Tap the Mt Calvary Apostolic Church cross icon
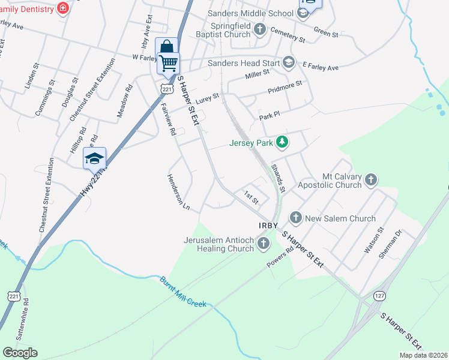371,179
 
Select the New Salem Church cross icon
295,218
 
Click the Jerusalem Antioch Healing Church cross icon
263,243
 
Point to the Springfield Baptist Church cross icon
259,29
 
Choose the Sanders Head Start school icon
289,62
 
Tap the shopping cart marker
169,62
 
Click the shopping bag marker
166,47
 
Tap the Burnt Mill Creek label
182,292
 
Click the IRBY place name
270,225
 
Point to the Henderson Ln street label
178,192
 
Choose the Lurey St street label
208,97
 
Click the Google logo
20,352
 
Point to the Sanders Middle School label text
250,13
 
